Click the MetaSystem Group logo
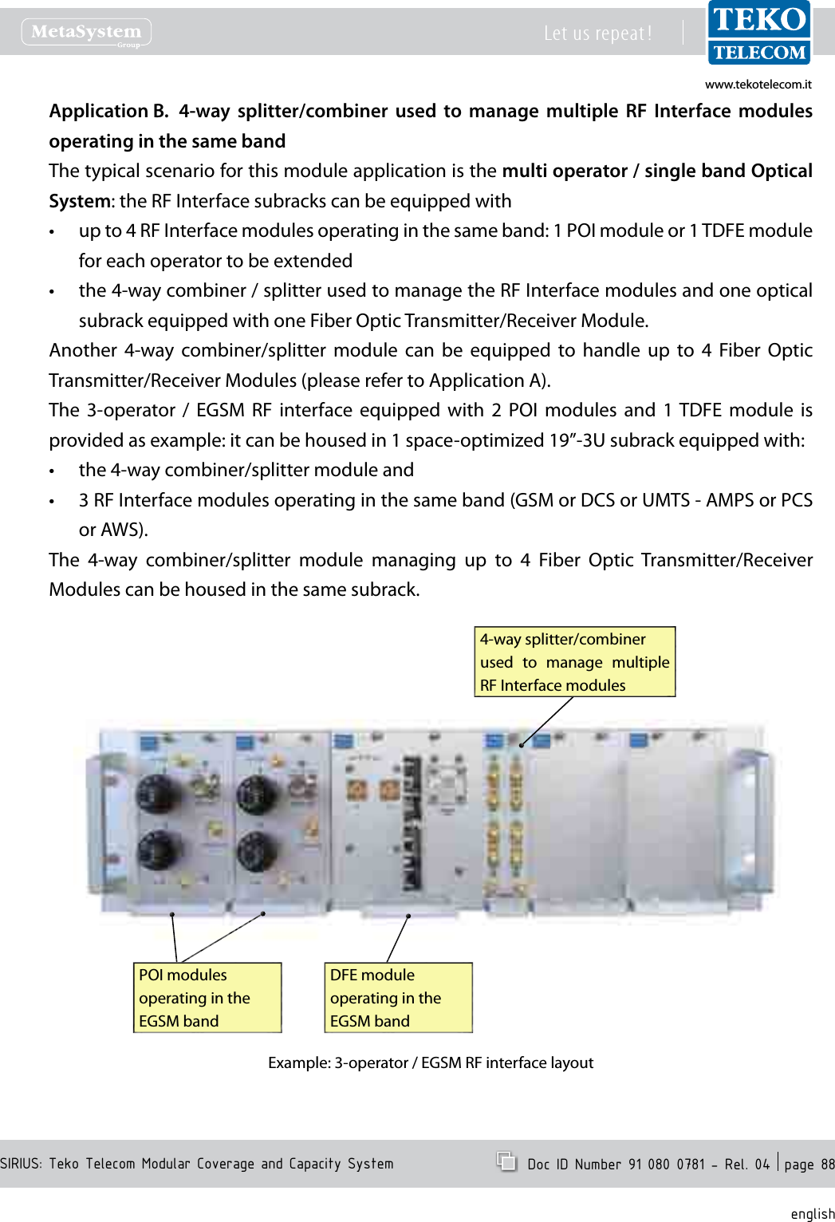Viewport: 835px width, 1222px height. [86, 33]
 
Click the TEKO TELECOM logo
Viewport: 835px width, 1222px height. [758, 34]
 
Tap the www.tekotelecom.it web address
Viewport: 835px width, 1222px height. [758, 85]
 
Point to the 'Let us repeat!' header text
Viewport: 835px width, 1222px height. [597, 34]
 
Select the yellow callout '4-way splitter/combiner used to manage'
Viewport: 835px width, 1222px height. [574, 662]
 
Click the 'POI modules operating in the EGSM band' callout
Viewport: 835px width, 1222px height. [207, 998]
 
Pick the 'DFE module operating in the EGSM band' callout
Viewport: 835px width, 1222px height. [398, 998]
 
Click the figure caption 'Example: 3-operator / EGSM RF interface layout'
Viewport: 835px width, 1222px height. [431, 1062]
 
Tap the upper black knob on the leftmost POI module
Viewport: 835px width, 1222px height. [160, 792]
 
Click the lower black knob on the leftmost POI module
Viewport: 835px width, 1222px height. [160, 851]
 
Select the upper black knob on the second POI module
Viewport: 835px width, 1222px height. [258, 792]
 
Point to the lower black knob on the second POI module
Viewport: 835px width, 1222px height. [258, 851]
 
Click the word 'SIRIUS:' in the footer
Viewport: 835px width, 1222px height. [22, 1164]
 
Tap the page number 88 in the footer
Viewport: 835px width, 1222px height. [827, 1165]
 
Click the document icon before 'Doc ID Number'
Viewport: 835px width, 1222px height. [506, 1161]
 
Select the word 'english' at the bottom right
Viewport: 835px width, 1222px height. [812, 1214]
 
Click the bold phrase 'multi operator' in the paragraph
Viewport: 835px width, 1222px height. [565, 171]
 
